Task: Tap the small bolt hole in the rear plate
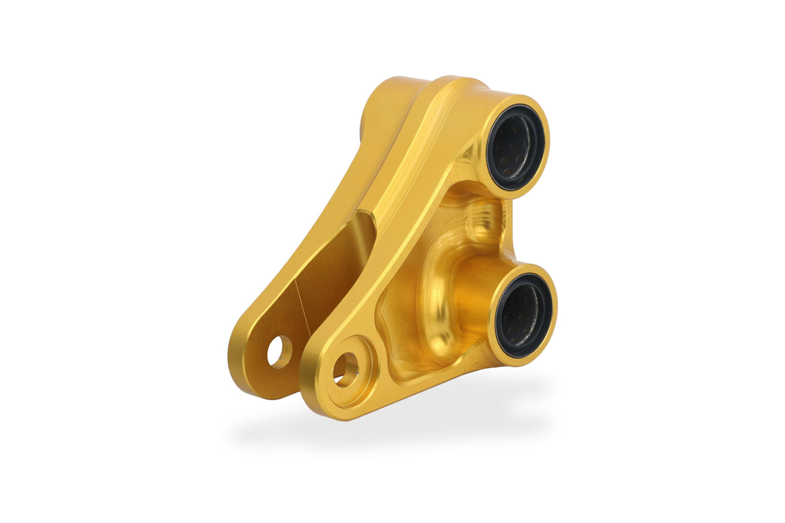click(x=278, y=352)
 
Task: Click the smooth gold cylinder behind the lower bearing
click(x=478, y=293)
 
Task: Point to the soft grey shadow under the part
click(x=391, y=429)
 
